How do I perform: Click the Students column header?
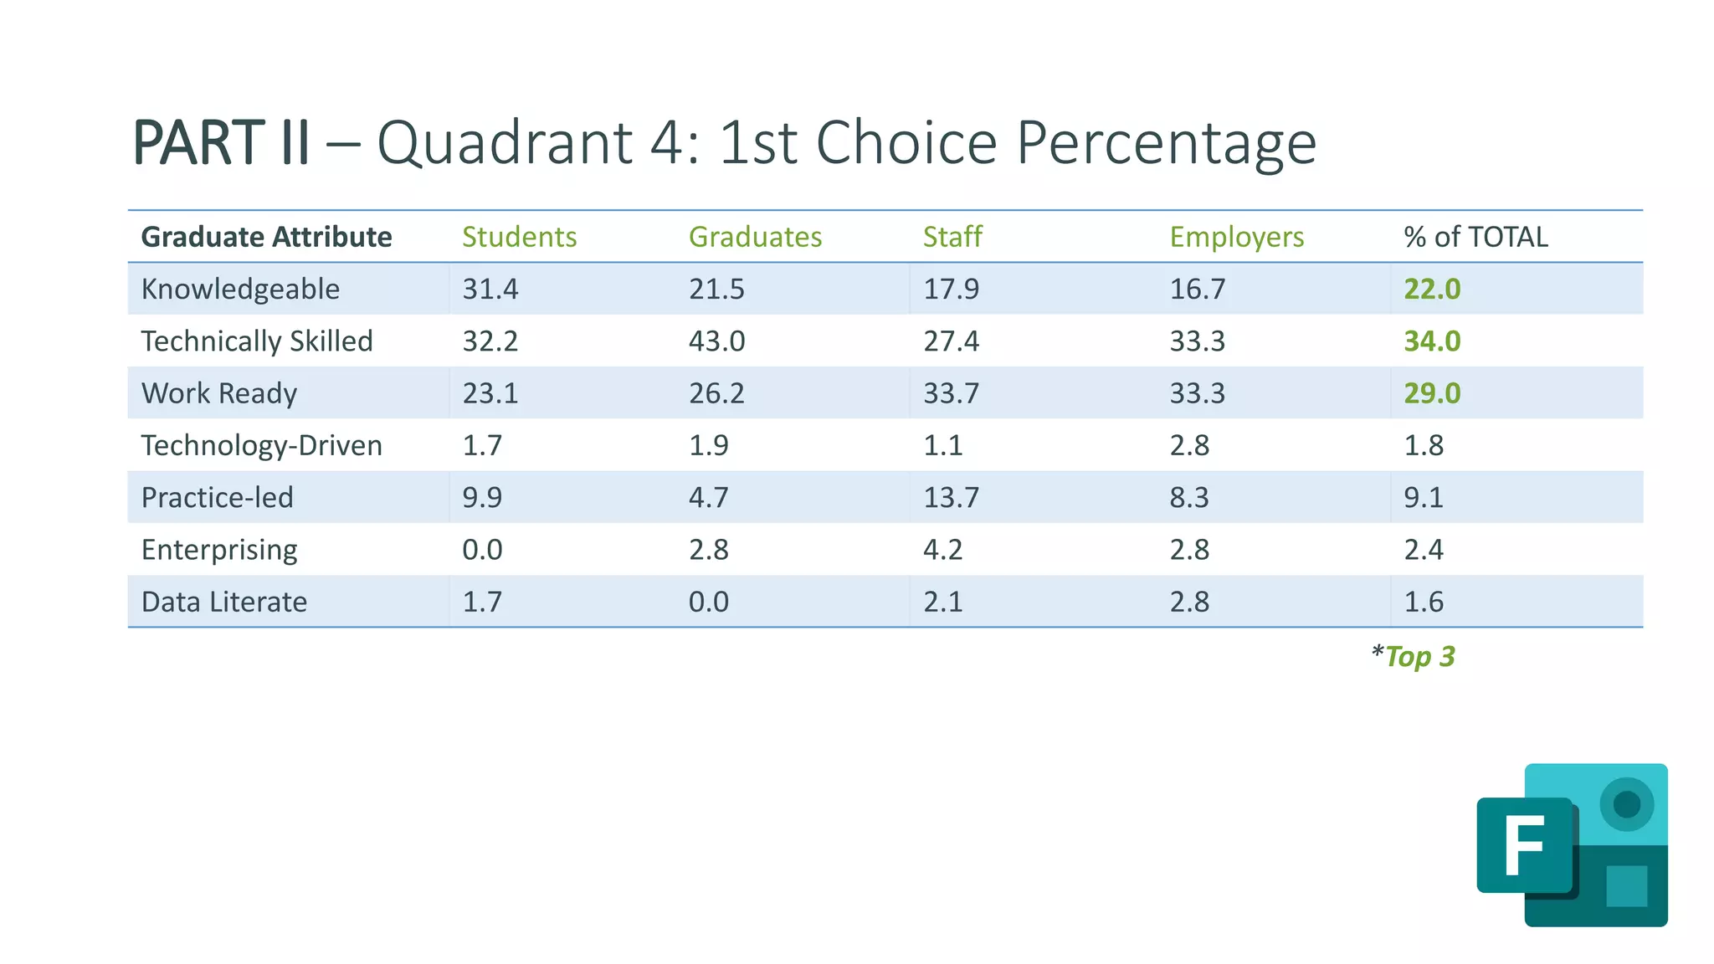tap(519, 237)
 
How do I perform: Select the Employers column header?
tap(1236, 237)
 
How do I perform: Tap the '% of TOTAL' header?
tap(1475, 237)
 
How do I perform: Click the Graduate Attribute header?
tap(266, 237)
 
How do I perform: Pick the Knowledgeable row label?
tap(240, 290)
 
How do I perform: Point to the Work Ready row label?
tap(219, 393)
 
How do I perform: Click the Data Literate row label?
tap(224, 602)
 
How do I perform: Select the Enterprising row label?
tap(219, 550)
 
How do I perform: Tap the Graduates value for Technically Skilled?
tap(716, 341)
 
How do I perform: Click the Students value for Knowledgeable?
tap(490, 290)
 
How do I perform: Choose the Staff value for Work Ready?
tap(951, 393)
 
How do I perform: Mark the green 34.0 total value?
tap(1432, 341)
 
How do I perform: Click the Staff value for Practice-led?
tap(951, 498)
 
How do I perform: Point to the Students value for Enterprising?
tap(482, 550)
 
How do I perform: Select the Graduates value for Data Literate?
tap(708, 602)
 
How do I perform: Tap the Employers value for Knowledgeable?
tap(1197, 290)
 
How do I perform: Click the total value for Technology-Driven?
tap(1424, 445)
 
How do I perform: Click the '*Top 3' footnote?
tap(1414, 657)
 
